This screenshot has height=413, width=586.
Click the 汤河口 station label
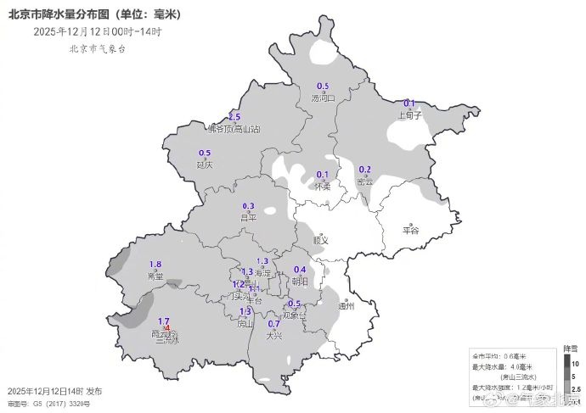324,98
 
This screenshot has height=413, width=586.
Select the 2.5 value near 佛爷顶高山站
234,116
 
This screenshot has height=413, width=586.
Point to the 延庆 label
204,165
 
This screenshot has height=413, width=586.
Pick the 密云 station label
365,181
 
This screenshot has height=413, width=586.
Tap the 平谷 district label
411,230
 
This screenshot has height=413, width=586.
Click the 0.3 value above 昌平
249,206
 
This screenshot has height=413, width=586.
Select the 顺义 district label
320,240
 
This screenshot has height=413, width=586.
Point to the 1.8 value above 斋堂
155,265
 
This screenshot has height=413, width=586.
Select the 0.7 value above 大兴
273,324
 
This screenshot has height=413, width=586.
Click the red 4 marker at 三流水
168,328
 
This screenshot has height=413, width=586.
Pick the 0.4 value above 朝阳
299,270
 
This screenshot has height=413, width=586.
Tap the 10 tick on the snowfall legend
576,363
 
